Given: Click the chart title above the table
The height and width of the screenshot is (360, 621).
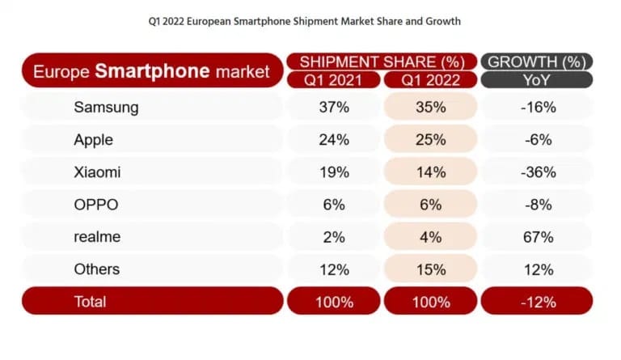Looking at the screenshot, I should click(x=310, y=20).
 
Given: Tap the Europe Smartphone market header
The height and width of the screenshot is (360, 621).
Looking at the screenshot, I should click(x=151, y=71).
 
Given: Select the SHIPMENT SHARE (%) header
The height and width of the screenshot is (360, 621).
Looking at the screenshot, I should click(x=381, y=61).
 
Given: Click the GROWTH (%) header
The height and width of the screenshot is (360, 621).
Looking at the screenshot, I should click(x=537, y=61).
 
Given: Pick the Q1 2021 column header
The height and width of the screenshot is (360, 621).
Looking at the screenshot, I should click(x=333, y=80).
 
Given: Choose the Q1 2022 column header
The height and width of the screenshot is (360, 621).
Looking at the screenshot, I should click(x=429, y=80).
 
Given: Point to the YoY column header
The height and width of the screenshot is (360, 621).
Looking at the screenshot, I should click(x=537, y=80).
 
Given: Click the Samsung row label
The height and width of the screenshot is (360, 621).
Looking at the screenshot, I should click(x=106, y=107).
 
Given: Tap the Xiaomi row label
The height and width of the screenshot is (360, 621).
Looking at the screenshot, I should click(x=98, y=172).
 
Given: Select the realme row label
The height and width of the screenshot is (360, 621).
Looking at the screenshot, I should click(x=99, y=236).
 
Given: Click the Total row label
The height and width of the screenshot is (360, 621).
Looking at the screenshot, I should click(x=90, y=302).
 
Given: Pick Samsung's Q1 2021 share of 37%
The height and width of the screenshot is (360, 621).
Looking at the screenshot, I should click(x=333, y=107).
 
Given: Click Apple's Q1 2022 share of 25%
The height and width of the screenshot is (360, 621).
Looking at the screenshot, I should click(x=429, y=139).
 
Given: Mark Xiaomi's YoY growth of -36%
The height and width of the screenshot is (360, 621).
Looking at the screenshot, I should click(x=537, y=172).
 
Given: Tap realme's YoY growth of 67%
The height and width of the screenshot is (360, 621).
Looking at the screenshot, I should click(x=537, y=236).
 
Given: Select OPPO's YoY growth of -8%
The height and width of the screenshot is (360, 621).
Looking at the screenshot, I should click(x=537, y=204).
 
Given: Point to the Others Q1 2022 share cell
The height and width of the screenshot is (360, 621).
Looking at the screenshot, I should click(x=429, y=269).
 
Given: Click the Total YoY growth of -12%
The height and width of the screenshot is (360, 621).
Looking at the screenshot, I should click(x=537, y=302).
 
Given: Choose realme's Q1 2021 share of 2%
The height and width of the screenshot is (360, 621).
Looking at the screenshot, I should click(x=333, y=236).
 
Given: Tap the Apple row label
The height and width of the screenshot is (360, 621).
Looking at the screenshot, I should click(x=93, y=139).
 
